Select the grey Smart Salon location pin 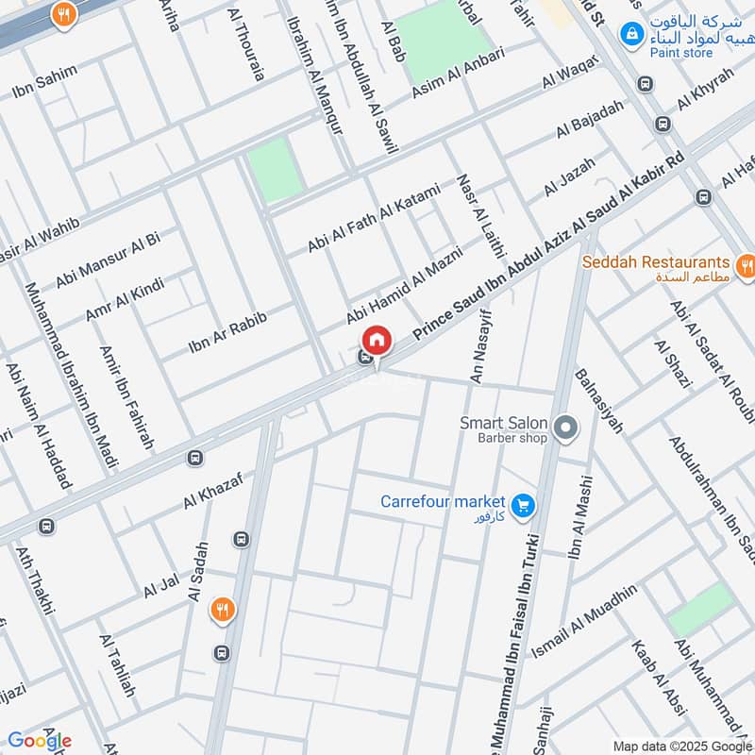click(565, 429)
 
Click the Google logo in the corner click(39, 741)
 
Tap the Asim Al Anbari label click(459, 74)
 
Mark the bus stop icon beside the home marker click(364, 357)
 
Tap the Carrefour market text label click(443, 501)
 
